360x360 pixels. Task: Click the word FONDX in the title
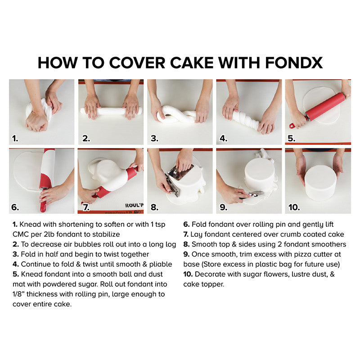pyautogui.click(x=294, y=63)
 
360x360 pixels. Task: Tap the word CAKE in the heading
pyautogui.click(x=192, y=63)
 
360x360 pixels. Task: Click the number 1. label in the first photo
pyautogui.click(x=15, y=139)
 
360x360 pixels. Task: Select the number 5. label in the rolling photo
pyautogui.click(x=292, y=139)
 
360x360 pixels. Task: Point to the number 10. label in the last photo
pyautogui.click(x=294, y=207)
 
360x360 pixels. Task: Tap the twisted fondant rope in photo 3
pyautogui.click(x=177, y=114)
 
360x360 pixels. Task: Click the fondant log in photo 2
pyautogui.click(x=111, y=111)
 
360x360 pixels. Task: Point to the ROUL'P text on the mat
pyautogui.click(x=134, y=205)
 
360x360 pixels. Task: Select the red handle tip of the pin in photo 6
pyautogui.click(x=43, y=207)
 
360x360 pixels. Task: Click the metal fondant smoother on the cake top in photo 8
pyautogui.click(x=181, y=172)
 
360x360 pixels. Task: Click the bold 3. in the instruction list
pyautogui.click(x=16, y=254)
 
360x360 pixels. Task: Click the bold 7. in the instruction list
pyautogui.click(x=186, y=234)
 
